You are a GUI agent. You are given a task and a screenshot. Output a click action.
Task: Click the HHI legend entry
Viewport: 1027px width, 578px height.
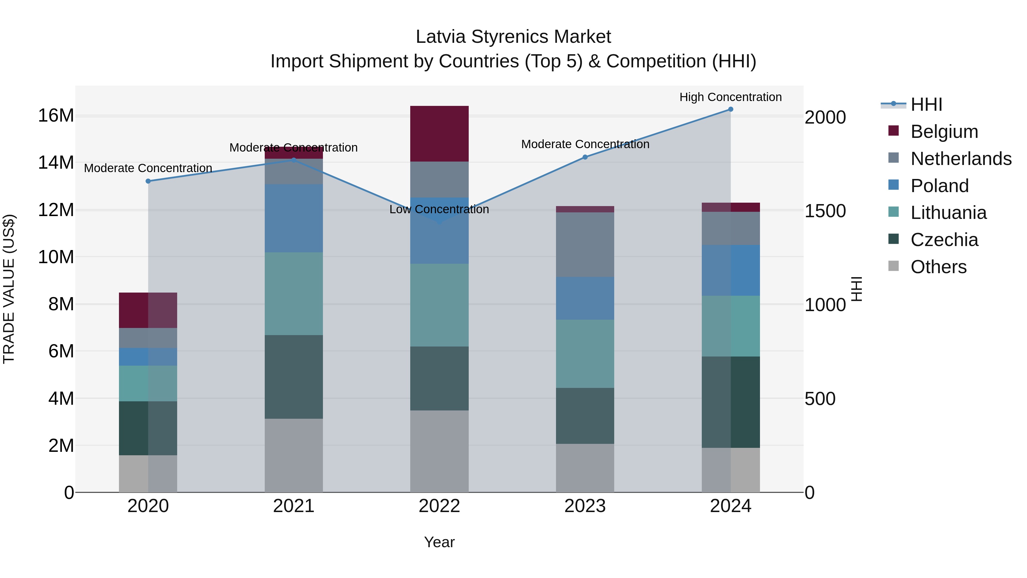(x=926, y=104)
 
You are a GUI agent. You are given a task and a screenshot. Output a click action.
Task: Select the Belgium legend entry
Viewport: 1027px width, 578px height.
(x=944, y=132)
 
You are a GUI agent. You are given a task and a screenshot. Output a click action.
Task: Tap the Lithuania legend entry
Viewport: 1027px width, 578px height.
(x=948, y=213)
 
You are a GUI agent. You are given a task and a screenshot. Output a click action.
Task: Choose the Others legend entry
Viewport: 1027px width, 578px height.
(x=938, y=267)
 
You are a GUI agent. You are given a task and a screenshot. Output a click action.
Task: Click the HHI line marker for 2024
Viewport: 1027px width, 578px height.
(x=730, y=109)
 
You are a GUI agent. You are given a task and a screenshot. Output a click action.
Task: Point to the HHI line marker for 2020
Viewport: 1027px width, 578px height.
(x=148, y=181)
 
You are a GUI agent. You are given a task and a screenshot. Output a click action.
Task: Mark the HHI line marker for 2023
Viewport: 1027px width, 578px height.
(x=585, y=157)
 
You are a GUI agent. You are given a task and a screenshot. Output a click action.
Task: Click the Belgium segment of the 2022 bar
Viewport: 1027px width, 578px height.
(x=439, y=134)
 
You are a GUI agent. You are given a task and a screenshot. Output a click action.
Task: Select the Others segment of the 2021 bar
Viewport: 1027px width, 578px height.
(x=294, y=455)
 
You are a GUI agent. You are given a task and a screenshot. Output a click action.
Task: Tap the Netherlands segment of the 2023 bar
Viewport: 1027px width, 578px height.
(x=585, y=245)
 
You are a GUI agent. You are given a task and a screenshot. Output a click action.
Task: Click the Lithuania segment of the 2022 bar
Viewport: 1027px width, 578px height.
(x=439, y=305)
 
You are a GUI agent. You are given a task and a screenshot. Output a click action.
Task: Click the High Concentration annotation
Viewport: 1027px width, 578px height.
(x=730, y=97)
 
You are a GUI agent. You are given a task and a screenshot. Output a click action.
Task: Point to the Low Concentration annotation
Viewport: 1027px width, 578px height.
(x=439, y=210)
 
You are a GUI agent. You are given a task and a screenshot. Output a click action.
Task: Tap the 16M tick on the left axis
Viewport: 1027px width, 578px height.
(x=56, y=116)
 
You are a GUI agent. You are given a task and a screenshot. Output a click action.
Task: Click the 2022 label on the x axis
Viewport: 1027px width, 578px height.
(x=439, y=506)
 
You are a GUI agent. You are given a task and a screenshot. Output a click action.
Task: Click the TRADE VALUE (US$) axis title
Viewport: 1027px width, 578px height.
(x=9, y=289)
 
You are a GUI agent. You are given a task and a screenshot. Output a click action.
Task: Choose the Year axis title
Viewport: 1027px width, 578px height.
(x=439, y=542)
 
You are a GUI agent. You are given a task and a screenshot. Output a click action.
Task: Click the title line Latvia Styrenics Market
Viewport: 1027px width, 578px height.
(x=513, y=37)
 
